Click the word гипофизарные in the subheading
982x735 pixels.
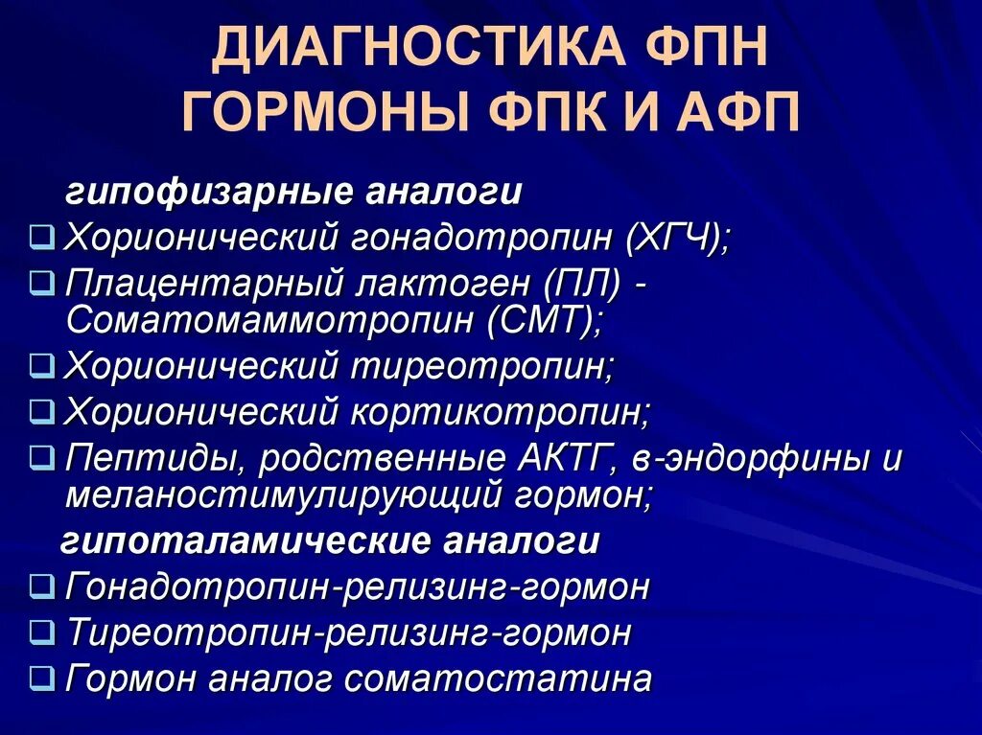point(208,193)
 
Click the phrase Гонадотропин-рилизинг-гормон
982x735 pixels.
point(357,586)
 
